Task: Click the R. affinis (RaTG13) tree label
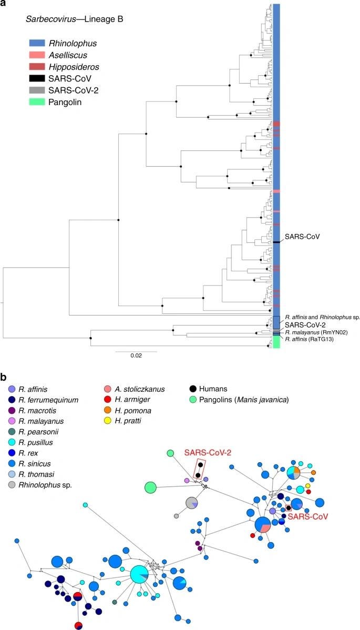pyautogui.click(x=310, y=340)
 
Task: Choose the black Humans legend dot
pyautogui.click(x=193, y=389)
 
